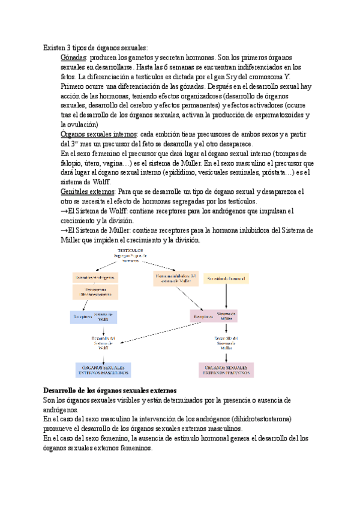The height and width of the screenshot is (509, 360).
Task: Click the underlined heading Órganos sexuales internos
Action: (98, 134)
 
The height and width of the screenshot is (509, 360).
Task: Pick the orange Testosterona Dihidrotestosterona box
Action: (95, 292)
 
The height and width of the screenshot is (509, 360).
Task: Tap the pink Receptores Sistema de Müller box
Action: (214, 316)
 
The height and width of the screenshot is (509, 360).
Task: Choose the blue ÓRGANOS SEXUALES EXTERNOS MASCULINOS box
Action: (103, 370)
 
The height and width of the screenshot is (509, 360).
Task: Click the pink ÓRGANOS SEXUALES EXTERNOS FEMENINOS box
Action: (226, 370)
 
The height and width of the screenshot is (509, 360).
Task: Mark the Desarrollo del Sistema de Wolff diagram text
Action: (103, 343)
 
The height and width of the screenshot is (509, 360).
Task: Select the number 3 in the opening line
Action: (71, 47)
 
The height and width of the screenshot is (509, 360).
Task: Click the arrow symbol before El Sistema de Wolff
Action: (64, 211)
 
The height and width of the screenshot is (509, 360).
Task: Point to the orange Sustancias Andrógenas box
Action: (95, 277)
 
